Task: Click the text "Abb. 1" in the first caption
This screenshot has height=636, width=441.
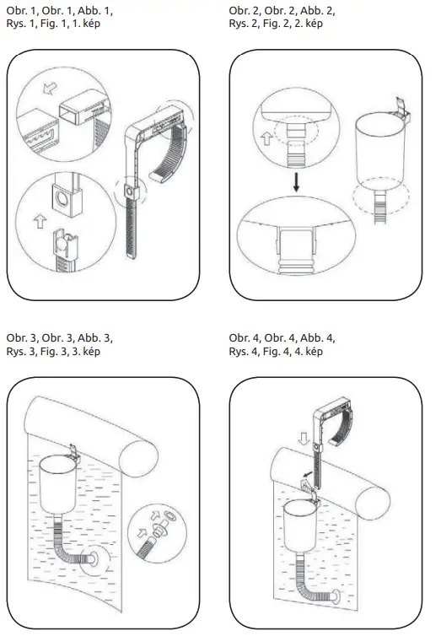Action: coord(92,10)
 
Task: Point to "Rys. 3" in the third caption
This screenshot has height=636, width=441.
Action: coord(20,351)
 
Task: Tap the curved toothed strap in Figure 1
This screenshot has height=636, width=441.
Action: coord(172,152)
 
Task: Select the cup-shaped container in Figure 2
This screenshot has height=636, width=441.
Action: coord(380,152)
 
